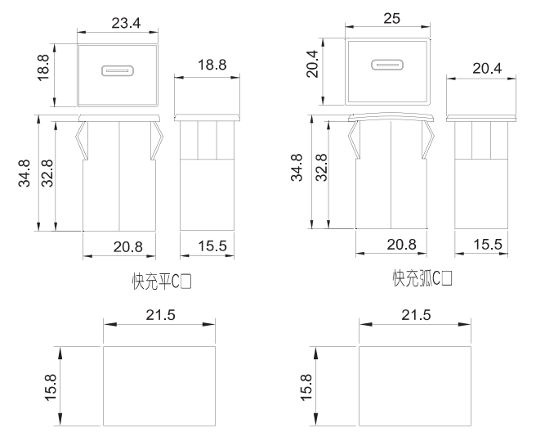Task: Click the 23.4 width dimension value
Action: pyautogui.click(x=126, y=23)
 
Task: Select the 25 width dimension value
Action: pyautogui.click(x=391, y=18)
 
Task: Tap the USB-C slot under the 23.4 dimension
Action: pyautogui.click(x=118, y=71)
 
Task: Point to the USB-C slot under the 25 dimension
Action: pyautogui.click(x=387, y=65)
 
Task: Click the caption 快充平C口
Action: pyautogui.click(x=162, y=282)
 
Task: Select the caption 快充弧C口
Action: pyautogui.click(x=422, y=278)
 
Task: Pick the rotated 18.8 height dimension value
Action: pyautogui.click(x=43, y=67)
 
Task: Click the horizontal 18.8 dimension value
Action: pyautogui.click(x=212, y=65)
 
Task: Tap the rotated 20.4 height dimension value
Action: pyautogui.click(x=312, y=64)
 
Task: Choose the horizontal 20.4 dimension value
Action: pyautogui.click(x=487, y=69)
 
